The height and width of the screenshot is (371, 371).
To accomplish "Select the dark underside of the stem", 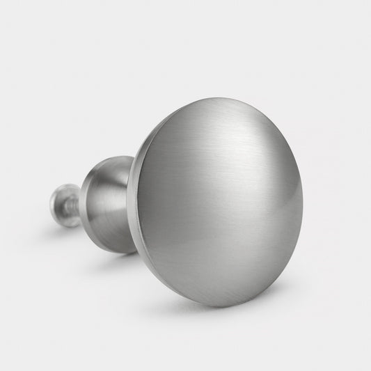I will tap(111, 240).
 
